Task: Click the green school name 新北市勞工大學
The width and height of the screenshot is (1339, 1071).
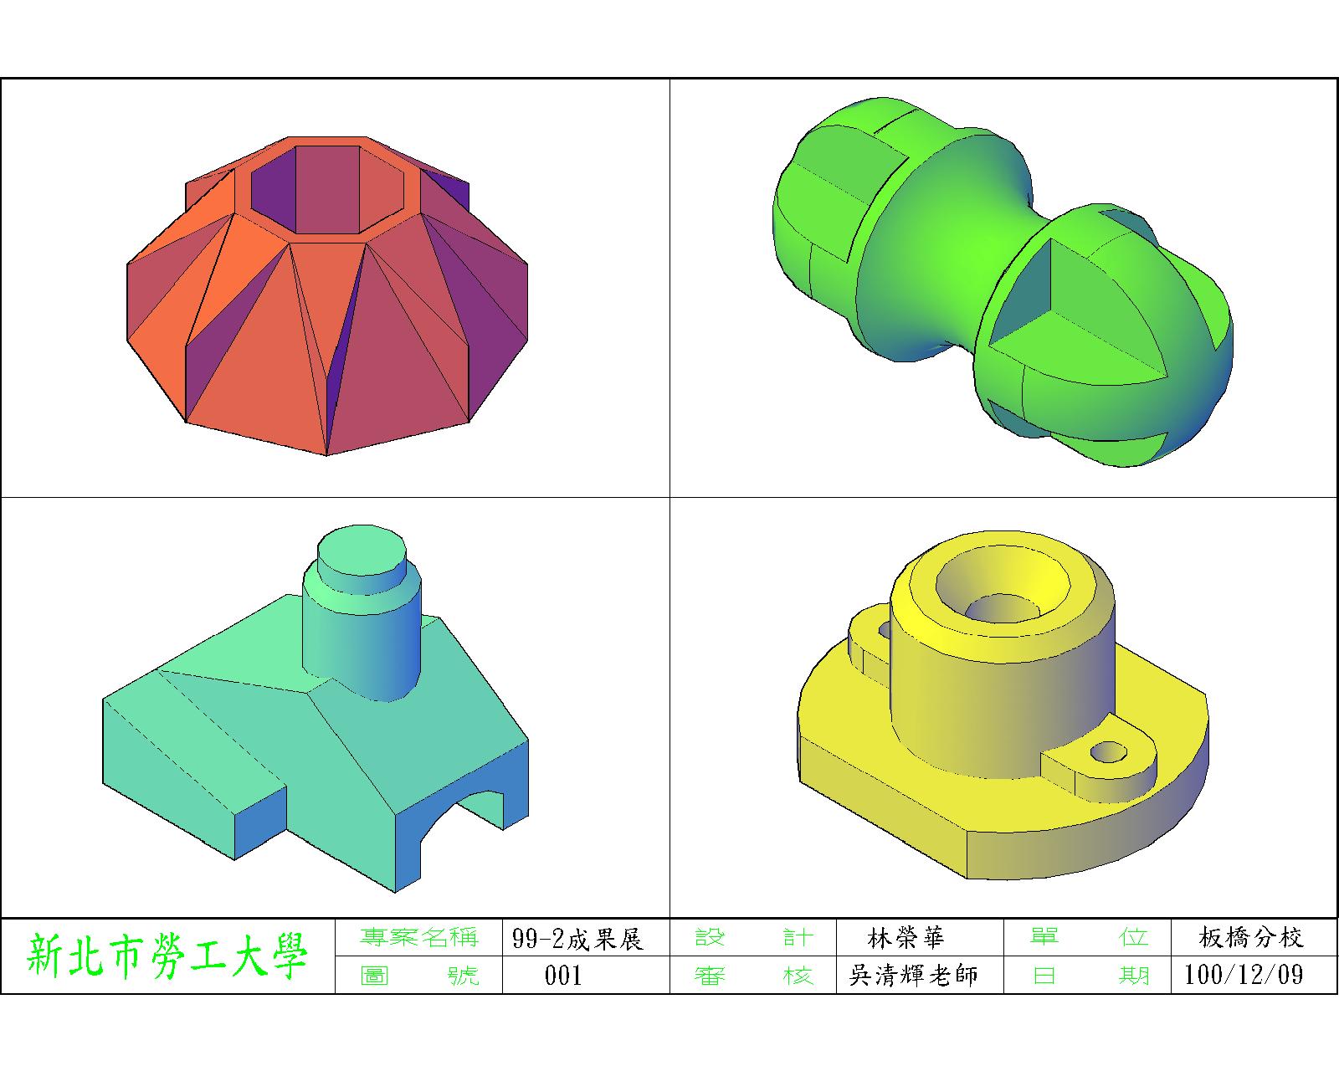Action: (x=167, y=956)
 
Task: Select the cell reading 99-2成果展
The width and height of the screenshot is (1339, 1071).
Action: (x=577, y=939)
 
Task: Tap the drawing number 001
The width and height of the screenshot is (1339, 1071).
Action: (x=563, y=975)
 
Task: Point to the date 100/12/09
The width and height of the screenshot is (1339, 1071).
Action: (x=1244, y=975)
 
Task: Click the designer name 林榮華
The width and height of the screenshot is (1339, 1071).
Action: (x=906, y=938)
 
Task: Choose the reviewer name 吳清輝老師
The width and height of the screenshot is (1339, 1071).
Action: (x=913, y=975)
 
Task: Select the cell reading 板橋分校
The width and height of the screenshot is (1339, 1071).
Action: (x=1251, y=937)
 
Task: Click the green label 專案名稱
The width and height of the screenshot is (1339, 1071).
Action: (x=418, y=937)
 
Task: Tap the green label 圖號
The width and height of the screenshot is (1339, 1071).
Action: (x=419, y=975)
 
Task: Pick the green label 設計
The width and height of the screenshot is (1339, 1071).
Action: (x=753, y=937)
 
